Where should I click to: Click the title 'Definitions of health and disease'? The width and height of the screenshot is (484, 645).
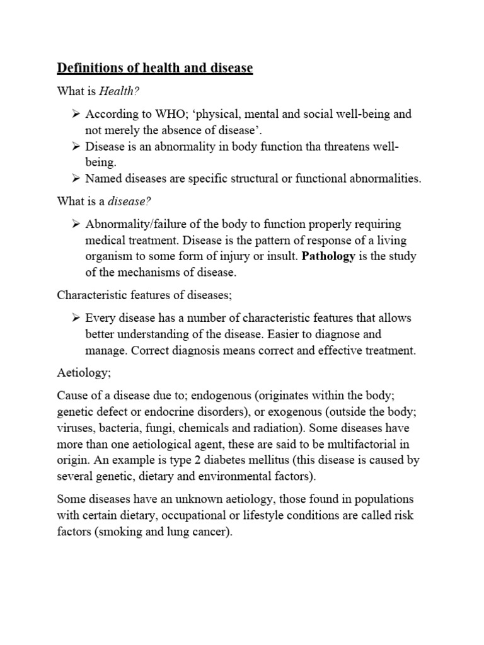coord(155,68)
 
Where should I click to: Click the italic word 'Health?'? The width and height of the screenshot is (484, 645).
coord(120,92)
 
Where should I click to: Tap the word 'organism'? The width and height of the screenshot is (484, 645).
coord(108,256)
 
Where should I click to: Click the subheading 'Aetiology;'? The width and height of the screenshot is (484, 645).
coord(84,373)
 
